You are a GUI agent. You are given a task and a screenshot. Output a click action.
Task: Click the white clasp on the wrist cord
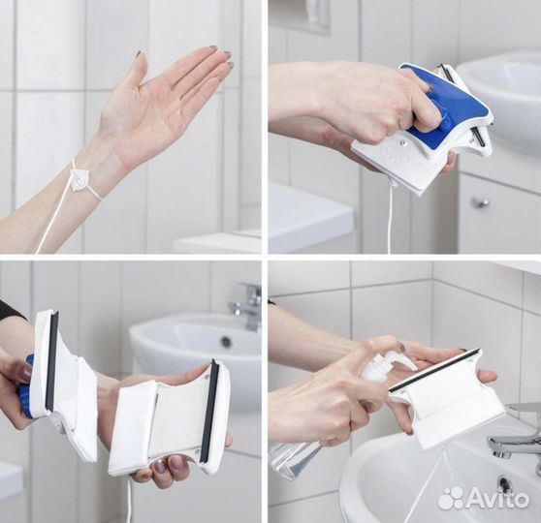click(x=79, y=179)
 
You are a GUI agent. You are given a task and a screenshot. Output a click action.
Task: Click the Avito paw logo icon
click(x=450, y=497)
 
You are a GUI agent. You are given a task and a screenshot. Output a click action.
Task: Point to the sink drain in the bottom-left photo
click(x=226, y=341)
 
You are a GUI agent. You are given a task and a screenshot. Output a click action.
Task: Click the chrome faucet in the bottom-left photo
click(x=246, y=305)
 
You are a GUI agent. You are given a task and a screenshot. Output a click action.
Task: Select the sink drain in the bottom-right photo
click(x=504, y=481)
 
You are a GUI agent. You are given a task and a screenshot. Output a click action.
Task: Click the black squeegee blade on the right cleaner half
click(x=209, y=411)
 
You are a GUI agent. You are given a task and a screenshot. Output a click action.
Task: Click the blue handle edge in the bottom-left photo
click(x=27, y=386)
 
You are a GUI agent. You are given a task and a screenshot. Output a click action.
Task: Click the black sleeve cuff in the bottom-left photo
click(x=11, y=309)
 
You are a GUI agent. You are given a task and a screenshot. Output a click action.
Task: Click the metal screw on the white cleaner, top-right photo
click(x=401, y=140)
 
